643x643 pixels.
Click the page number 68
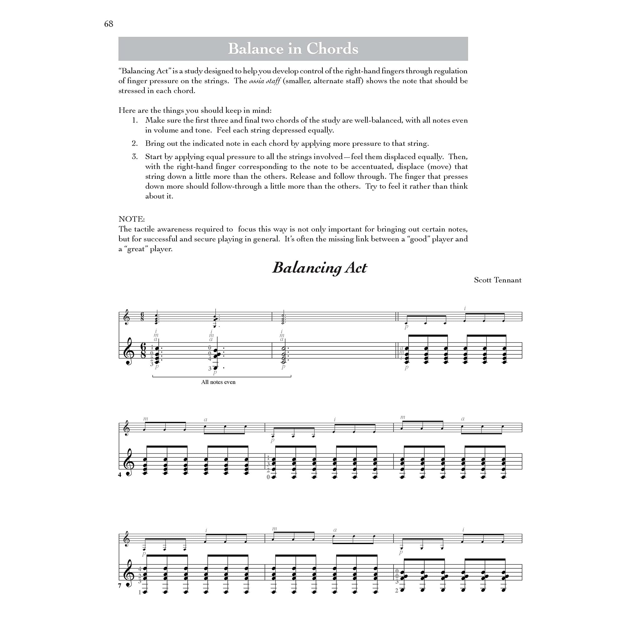(109, 24)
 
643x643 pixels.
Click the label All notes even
(218, 382)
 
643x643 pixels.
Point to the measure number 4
(120, 475)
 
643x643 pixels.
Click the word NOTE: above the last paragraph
(131, 219)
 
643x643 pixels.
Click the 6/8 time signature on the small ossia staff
(142, 316)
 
